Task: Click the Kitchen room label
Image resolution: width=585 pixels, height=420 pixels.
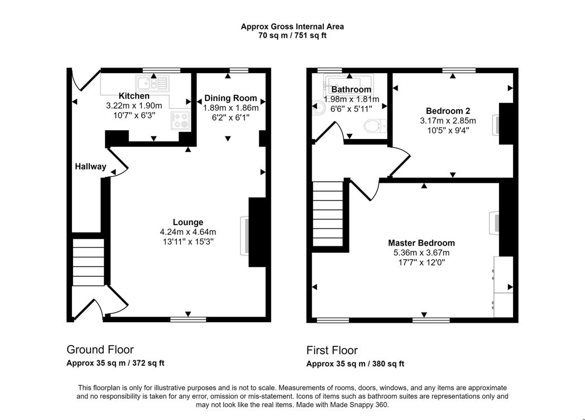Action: (x=134, y=96)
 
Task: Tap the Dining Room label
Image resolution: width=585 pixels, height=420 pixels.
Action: (x=231, y=98)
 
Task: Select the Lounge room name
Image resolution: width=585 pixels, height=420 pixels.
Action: (x=188, y=222)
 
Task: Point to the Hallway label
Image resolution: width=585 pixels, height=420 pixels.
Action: (x=90, y=166)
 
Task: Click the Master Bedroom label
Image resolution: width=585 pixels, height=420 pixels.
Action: (x=421, y=243)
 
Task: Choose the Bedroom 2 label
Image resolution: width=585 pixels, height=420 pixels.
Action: (x=448, y=111)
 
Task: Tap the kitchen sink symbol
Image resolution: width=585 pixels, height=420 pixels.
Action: (x=153, y=83)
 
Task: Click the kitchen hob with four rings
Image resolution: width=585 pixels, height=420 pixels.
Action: (x=180, y=120)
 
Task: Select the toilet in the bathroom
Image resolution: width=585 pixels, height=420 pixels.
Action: (x=375, y=126)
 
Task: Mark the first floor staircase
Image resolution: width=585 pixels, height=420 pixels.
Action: (x=328, y=213)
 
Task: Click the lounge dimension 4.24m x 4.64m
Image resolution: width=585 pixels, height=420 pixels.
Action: (x=188, y=232)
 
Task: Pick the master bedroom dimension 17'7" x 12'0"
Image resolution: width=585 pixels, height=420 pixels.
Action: (x=421, y=262)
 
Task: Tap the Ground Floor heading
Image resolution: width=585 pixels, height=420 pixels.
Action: (x=100, y=350)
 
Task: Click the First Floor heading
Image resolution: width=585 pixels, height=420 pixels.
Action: (x=332, y=351)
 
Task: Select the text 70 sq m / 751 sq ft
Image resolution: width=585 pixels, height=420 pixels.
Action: (x=292, y=36)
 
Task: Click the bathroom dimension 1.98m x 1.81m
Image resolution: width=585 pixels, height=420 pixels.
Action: (x=352, y=99)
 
